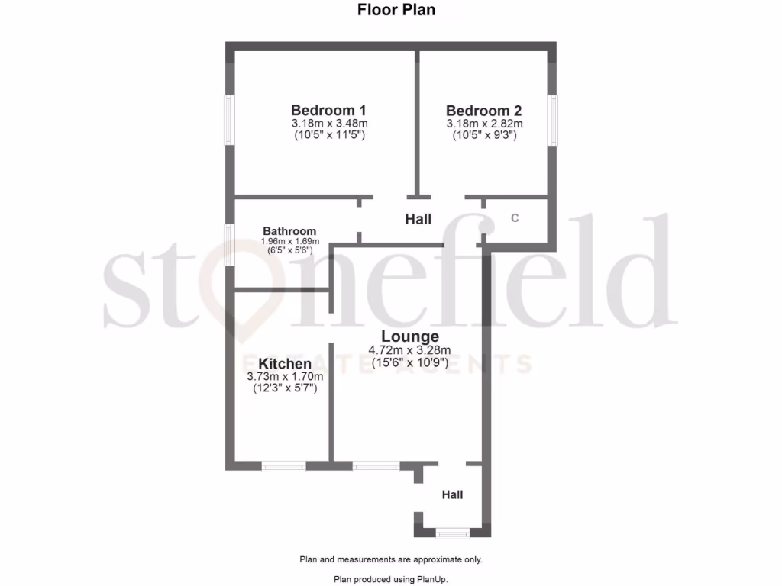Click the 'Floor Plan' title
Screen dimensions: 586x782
[x=396, y=10]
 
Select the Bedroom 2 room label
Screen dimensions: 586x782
[x=484, y=110]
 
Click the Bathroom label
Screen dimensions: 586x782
[x=289, y=231]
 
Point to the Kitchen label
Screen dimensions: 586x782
[x=285, y=364]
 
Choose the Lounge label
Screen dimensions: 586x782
[x=410, y=336]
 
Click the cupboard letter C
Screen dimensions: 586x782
[x=515, y=218]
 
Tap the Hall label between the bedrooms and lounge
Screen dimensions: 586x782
[x=418, y=220]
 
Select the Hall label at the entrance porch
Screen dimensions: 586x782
[x=453, y=494]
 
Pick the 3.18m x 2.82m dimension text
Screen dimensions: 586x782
[x=484, y=124]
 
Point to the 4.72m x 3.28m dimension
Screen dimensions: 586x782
[x=410, y=351]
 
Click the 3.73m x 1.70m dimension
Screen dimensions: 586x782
[x=285, y=377]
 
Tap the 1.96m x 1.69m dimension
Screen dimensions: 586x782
[x=289, y=242]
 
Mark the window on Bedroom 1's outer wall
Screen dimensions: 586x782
[x=228, y=120]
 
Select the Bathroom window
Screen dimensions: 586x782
[x=228, y=244]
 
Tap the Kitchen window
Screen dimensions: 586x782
[x=283, y=465]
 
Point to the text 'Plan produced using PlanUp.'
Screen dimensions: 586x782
[x=391, y=579]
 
